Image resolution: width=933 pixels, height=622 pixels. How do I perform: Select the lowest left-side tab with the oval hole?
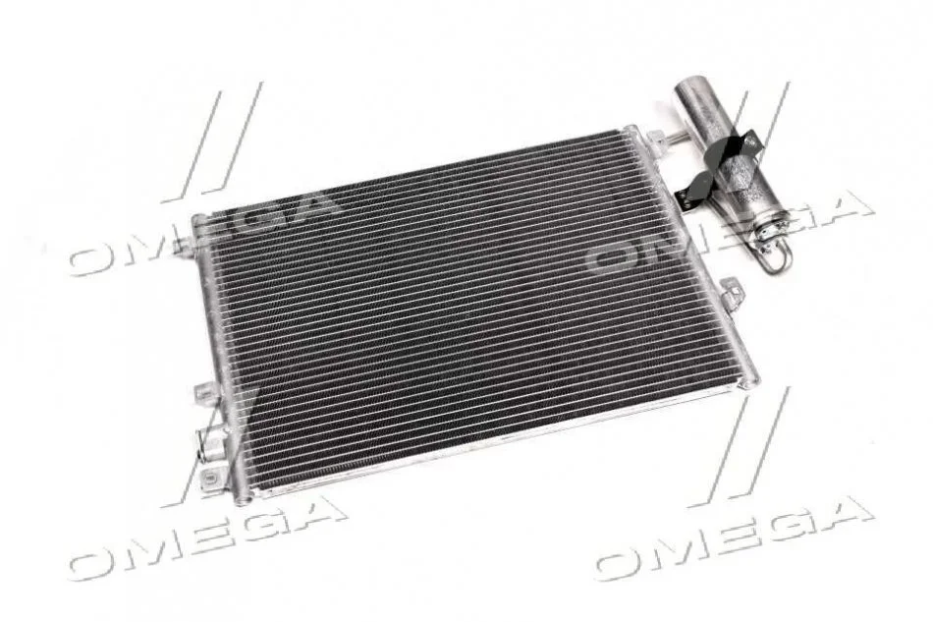[x=212, y=477]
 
